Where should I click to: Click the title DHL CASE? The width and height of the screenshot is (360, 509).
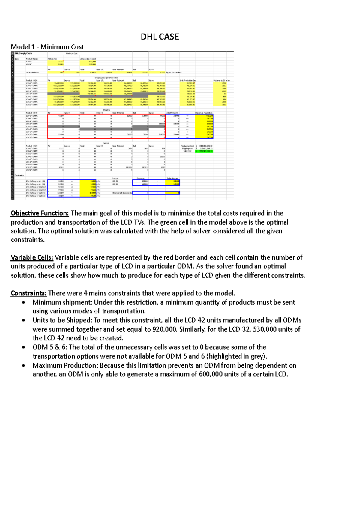coord(160,37)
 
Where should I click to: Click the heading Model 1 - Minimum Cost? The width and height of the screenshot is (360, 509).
coord(47,47)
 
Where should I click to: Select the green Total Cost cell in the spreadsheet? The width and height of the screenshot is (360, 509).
coord(204,151)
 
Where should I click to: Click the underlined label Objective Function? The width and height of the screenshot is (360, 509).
coord(40,213)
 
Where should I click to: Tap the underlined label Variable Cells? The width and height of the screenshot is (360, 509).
coord(32,257)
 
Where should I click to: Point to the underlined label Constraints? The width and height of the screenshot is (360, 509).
coord(29,293)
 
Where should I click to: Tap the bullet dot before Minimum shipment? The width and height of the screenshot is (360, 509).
coord(23,302)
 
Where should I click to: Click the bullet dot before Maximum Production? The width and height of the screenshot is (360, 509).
coord(23,365)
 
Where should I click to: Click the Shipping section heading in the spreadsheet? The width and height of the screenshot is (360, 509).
coord(106,110)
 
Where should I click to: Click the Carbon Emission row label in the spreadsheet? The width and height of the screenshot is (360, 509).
coord(32,72)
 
